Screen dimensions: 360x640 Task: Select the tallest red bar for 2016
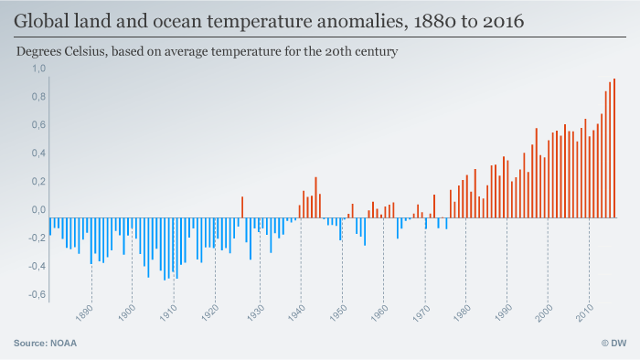coord(614,148)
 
